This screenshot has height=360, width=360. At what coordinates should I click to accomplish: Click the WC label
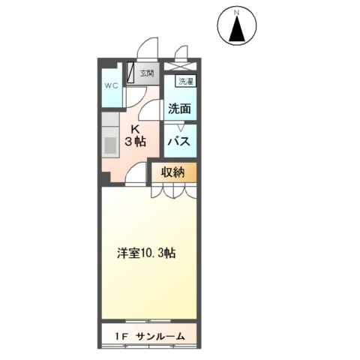tap(111, 85)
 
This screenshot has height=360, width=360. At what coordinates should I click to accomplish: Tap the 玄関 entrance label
tap(147, 73)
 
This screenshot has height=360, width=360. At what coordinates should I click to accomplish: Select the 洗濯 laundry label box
tap(184, 81)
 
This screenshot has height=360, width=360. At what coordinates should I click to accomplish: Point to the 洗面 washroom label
tap(179, 109)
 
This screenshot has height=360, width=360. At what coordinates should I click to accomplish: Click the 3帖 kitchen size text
tap(136, 142)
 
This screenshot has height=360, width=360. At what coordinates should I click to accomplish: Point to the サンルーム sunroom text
tap(160, 336)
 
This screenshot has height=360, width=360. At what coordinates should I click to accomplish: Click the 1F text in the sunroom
tap(121, 336)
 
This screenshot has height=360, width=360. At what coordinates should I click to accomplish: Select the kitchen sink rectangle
tap(108, 141)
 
